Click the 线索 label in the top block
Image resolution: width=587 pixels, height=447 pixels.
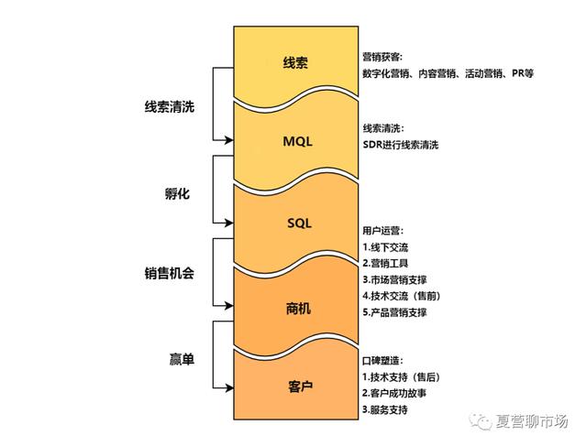pyautogui.click(x=294, y=62)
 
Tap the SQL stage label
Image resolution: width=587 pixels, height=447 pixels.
pyautogui.click(x=294, y=223)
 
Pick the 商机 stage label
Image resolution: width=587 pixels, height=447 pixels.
pyautogui.click(x=294, y=308)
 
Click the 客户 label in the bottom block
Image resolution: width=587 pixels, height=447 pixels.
pyautogui.click(x=294, y=387)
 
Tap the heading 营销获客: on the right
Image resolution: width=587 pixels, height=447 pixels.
pyautogui.click(x=382, y=56)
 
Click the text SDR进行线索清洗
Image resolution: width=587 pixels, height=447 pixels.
pyautogui.click(x=402, y=145)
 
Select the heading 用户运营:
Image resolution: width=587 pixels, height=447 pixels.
pyautogui.click(x=382, y=231)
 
